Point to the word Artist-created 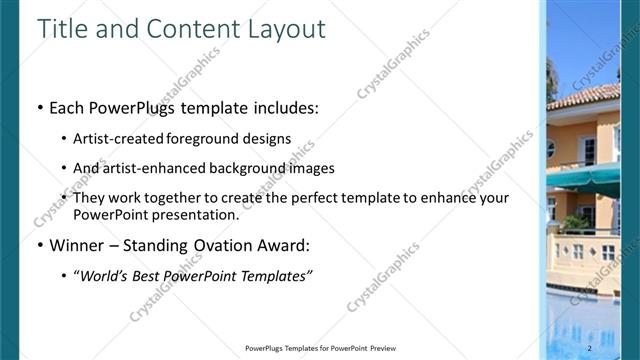click(113, 138)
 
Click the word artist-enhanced click(148, 168)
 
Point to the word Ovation click(220, 245)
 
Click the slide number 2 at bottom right click(590, 347)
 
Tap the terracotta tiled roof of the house click(590, 97)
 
